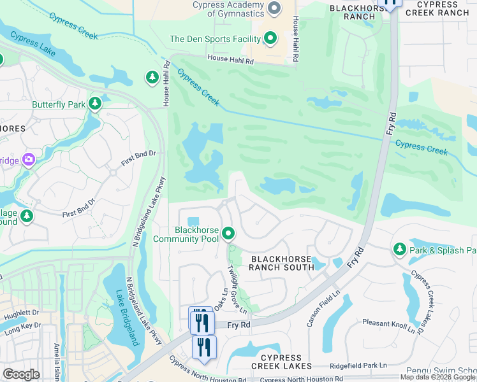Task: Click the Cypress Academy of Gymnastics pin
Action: coord(275,8)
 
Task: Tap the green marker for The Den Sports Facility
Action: coord(270,39)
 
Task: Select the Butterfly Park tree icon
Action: coord(95,104)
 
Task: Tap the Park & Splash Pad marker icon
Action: coord(400,249)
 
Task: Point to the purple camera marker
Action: coord(29,159)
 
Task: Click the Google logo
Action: coord(21,374)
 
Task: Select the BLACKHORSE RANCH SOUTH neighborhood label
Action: coord(281,263)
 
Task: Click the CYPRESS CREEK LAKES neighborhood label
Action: coord(281,361)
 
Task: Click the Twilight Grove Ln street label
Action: coord(237,288)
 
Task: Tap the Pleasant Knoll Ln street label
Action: coord(394,327)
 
